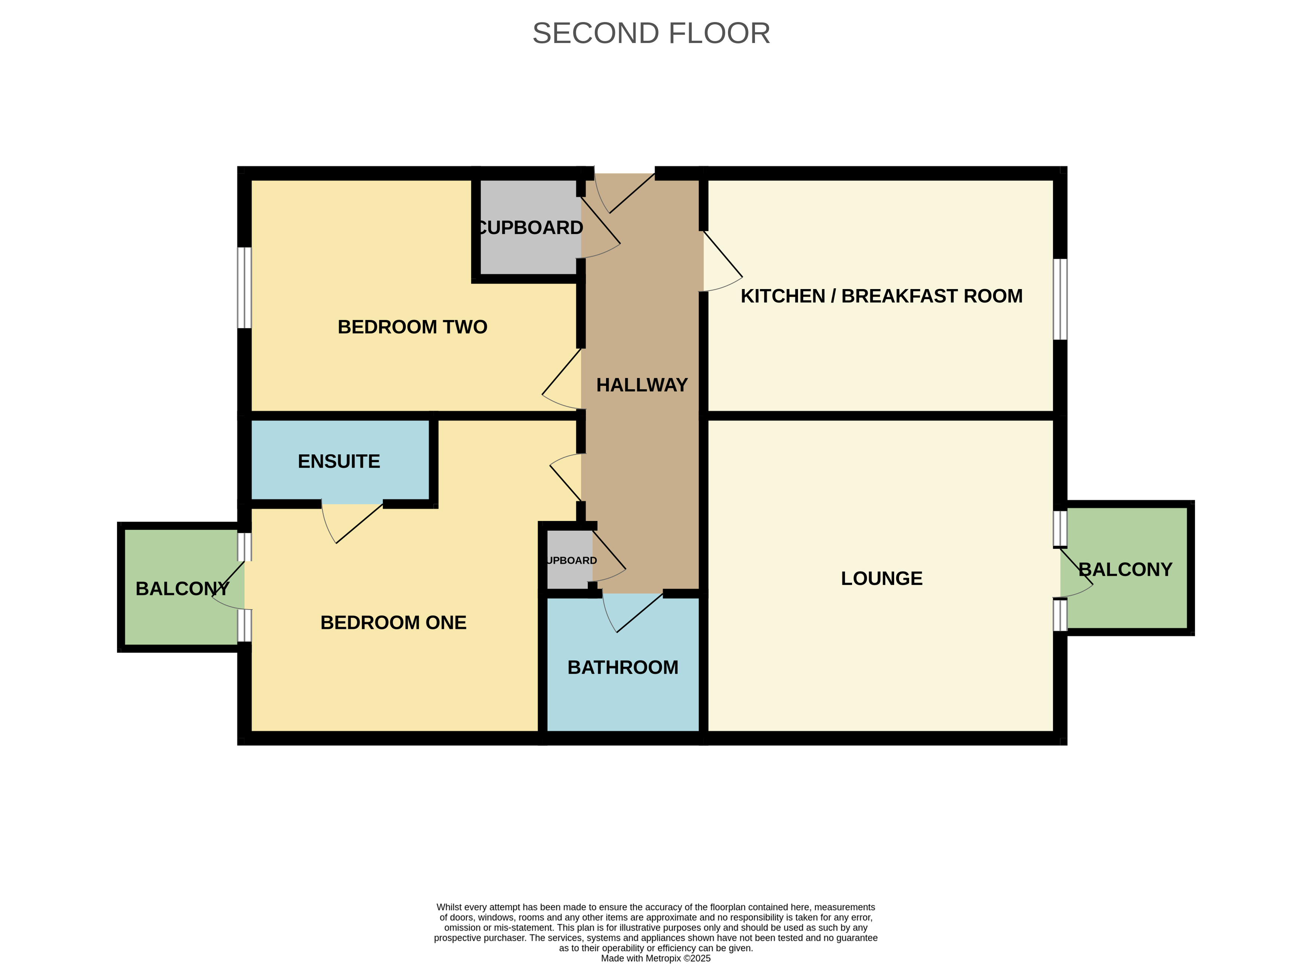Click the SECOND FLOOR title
pos(651,33)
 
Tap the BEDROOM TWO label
pos(412,327)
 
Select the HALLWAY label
pos(642,385)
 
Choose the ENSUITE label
pos(339,461)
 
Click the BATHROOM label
pos(623,667)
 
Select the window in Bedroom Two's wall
pos(244,288)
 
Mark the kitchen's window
pos(1060,300)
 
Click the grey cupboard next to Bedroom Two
pos(530,227)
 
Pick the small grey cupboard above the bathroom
pos(569,560)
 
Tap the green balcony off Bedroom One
pos(181,587)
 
